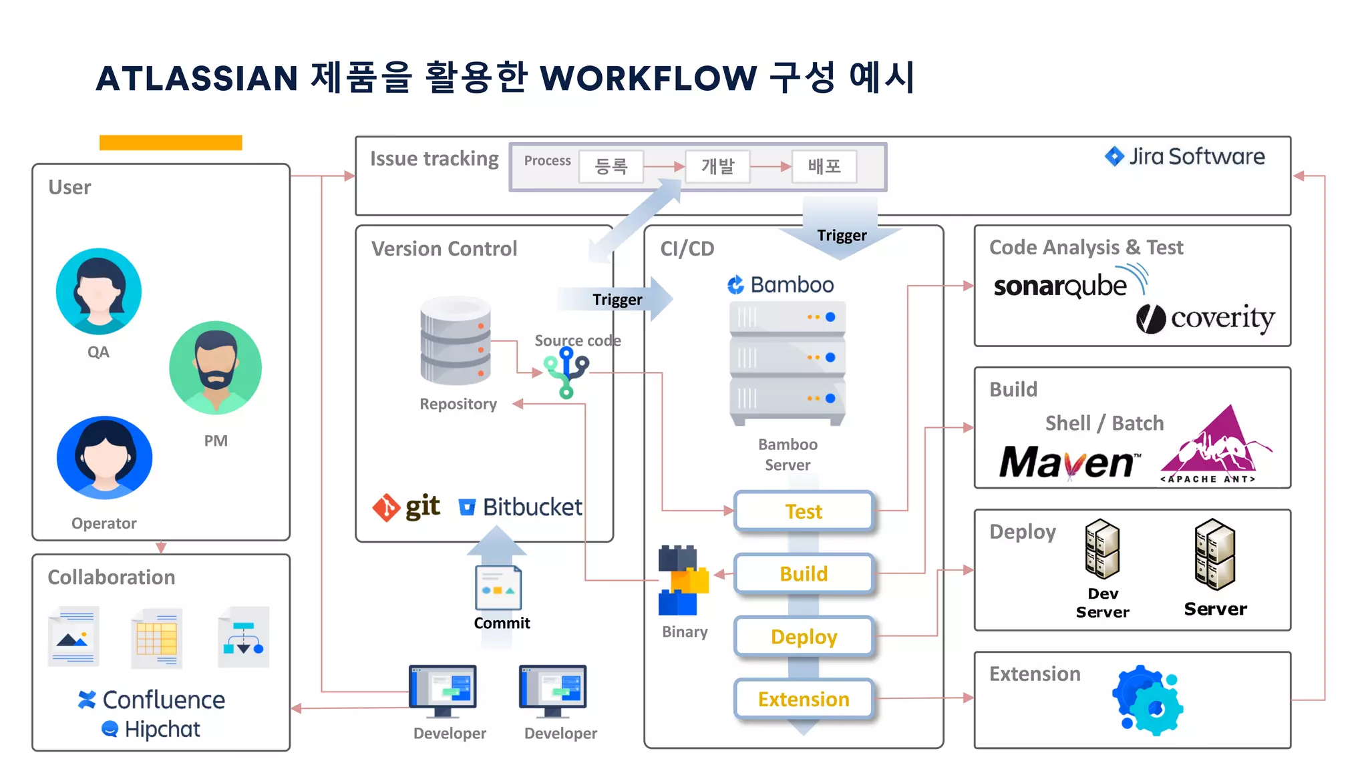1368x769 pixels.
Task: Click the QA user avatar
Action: coord(99,291)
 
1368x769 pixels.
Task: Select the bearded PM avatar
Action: coord(215,368)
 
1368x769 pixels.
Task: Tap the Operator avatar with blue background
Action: coord(104,458)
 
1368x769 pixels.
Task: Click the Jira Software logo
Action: coord(1185,157)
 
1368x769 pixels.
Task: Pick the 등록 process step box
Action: coord(611,166)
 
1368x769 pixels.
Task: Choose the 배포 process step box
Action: coord(824,166)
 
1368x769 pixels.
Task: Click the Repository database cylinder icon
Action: coord(456,340)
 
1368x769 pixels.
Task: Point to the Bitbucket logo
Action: coord(520,507)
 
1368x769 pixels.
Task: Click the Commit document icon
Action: coord(498,587)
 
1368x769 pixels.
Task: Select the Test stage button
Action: coord(804,511)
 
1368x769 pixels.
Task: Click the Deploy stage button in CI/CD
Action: coord(804,637)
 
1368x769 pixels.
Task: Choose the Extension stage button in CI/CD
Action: coord(804,699)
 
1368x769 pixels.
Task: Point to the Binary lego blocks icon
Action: coord(683,579)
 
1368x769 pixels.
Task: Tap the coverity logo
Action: coord(1206,318)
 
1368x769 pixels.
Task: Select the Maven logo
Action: coord(1069,462)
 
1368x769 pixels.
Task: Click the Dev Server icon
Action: coord(1102,549)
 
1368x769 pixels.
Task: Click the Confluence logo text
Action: coord(152,700)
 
